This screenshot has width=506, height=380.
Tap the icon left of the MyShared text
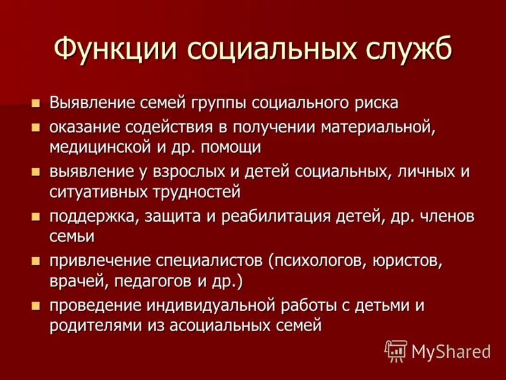point(395,350)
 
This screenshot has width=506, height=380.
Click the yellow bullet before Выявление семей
point(37,102)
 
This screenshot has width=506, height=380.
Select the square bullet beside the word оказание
point(37,127)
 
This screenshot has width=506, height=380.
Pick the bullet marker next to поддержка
point(37,217)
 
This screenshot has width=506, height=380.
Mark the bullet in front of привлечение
point(37,261)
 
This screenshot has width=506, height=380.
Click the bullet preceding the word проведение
point(37,306)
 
